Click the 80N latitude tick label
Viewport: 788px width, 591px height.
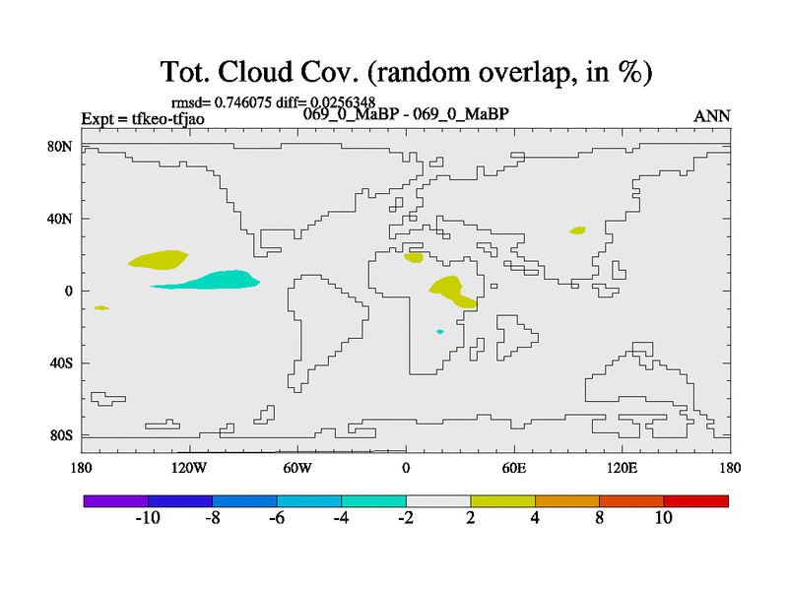click(x=60, y=147)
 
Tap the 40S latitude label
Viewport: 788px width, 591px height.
click(x=61, y=362)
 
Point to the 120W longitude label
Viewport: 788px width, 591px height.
click(x=189, y=469)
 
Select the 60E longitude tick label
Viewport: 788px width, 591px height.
click(x=514, y=469)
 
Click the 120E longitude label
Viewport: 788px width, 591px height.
click(x=623, y=469)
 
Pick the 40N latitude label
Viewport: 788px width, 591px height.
click(x=60, y=219)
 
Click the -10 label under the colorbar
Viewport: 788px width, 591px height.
click(x=148, y=518)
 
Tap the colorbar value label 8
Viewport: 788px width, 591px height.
click(x=599, y=518)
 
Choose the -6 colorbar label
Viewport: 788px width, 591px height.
click(x=277, y=518)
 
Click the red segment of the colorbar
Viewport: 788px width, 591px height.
click(x=696, y=501)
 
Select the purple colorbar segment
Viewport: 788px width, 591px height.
click(x=116, y=501)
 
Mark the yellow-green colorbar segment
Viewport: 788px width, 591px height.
click(x=502, y=501)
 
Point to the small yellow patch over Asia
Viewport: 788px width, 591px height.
click(x=577, y=230)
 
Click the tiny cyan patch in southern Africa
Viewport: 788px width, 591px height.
click(x=440, y=332)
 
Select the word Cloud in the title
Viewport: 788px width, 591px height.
click(x=255, y=72)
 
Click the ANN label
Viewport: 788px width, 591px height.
click(x=711, y=116)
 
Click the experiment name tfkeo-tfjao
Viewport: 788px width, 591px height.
click(x=167, y=118)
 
